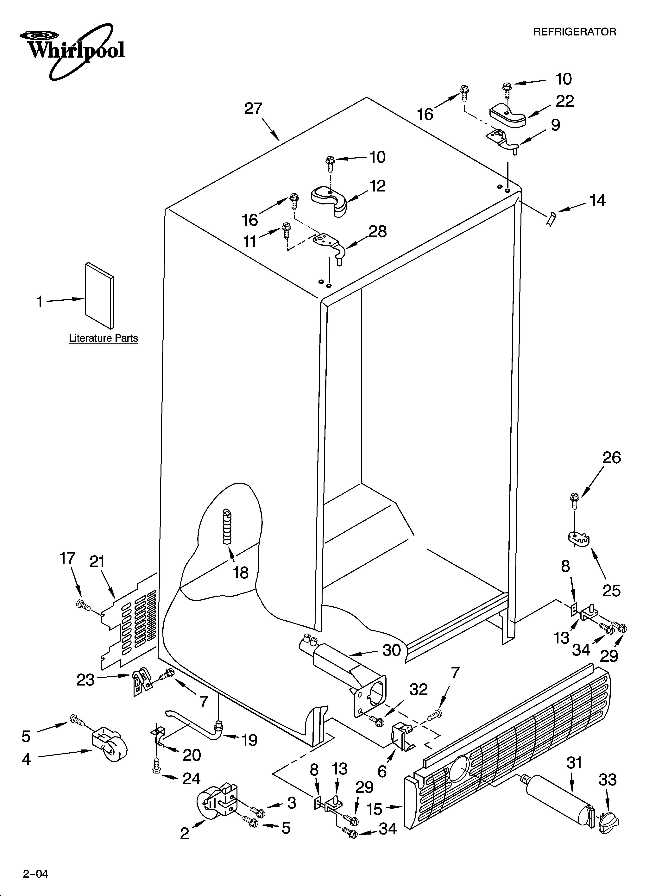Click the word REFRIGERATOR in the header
(574, 32)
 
